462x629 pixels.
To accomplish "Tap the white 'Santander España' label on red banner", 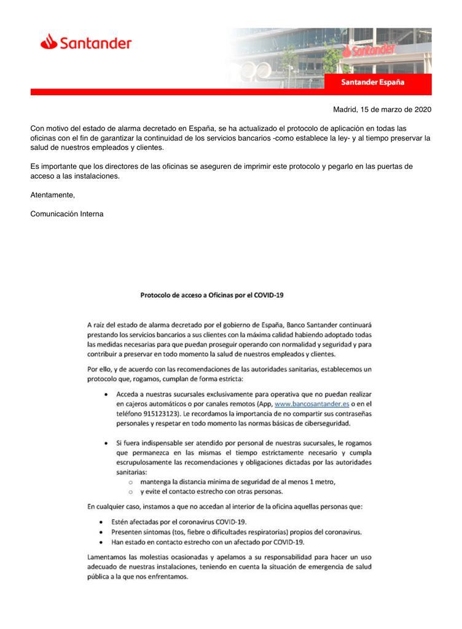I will [373, 82].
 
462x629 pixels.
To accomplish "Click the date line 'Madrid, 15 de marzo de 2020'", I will [382, 110].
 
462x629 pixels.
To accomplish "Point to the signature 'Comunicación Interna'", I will [66, 214].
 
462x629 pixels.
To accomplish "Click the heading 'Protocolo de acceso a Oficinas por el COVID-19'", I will [211, 294].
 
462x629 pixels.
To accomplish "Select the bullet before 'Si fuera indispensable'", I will [108, 442].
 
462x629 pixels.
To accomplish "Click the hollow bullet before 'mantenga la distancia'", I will [130, 482].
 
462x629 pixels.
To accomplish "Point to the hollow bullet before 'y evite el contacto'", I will [130, 492].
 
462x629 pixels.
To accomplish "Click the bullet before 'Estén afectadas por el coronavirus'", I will [100, 522].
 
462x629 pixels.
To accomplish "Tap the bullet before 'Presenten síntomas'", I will [100, 532].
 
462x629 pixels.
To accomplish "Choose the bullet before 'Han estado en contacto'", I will [100, 542].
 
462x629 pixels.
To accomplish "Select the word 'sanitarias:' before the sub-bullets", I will [133, 472].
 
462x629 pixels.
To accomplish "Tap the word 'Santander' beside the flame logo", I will [96, 43].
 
